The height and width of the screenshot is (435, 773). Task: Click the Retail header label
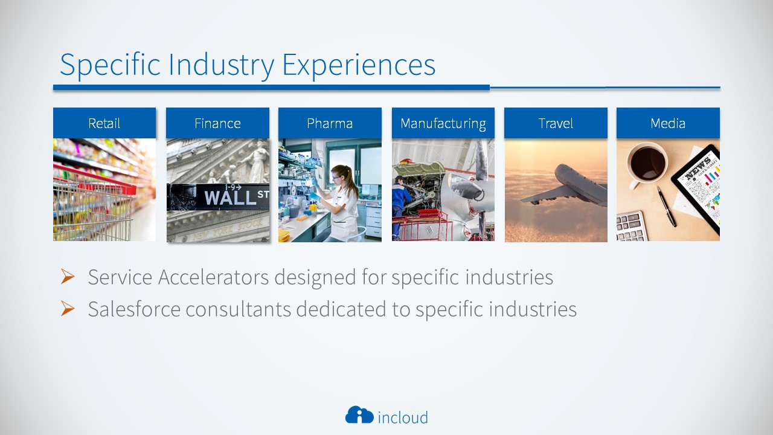point(104,123)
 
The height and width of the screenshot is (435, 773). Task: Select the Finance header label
point(217,123)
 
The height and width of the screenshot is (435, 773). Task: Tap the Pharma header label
point(330,123)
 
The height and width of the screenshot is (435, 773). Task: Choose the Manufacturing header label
point(443,124)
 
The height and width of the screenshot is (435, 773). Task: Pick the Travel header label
point(556,123)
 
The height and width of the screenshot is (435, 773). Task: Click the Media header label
point(668,123)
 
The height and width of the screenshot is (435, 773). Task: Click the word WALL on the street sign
point(230,198)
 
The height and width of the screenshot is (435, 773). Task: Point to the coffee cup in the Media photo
point(646,164)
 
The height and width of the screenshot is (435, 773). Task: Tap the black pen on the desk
point(667,207)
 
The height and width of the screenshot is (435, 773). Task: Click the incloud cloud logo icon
point(359,414)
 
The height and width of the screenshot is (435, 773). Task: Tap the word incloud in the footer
point(403,417)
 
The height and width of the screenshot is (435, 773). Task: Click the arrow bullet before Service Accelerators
point(68,276)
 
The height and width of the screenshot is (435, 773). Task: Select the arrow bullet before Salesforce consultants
point(68,308)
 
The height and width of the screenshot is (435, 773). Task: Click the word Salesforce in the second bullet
point(134,309)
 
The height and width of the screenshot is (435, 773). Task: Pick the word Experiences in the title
point(359,66)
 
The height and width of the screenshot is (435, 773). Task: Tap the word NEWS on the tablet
point(698,168)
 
